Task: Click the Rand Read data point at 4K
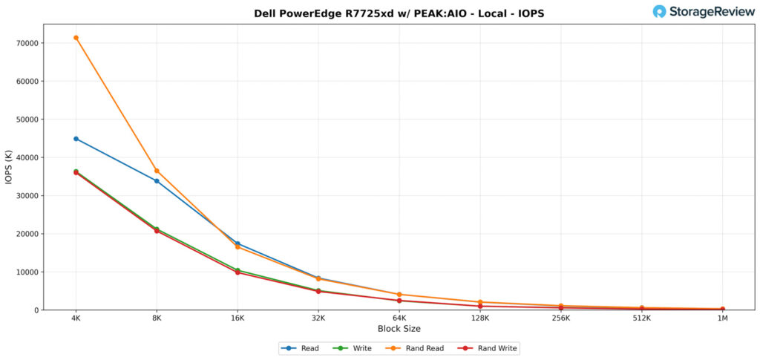point(76,38)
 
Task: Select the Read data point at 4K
point(76,139)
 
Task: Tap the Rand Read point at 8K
point(157,171)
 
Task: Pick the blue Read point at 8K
point(157,181)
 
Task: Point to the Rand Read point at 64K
point(399,295)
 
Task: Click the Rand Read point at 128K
point(480,302)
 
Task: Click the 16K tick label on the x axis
point(237,318)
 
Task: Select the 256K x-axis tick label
point(561,318)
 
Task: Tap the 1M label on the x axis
point(723,318)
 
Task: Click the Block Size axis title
point(399,329)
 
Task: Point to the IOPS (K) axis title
point(9,167)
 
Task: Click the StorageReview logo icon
point(659,11)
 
